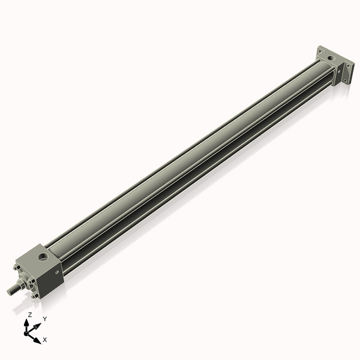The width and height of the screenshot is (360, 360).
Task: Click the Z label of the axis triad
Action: (30, 314)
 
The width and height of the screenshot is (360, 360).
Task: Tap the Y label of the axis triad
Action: (44, 319)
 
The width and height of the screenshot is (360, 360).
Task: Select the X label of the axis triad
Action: (45, 340)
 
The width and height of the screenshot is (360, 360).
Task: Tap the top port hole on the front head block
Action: (44, 259)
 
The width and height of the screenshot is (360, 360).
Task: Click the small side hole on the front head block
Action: (58, 273)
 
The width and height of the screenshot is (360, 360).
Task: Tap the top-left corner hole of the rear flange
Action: (320, 50)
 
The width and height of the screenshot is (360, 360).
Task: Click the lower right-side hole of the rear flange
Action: (346, 80)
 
